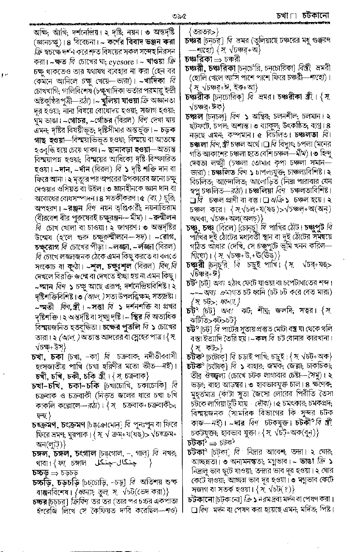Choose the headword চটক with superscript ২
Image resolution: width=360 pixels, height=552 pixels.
click(x=195, y=365)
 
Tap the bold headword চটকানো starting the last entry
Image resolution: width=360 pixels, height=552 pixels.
click(x=204, y=500)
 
